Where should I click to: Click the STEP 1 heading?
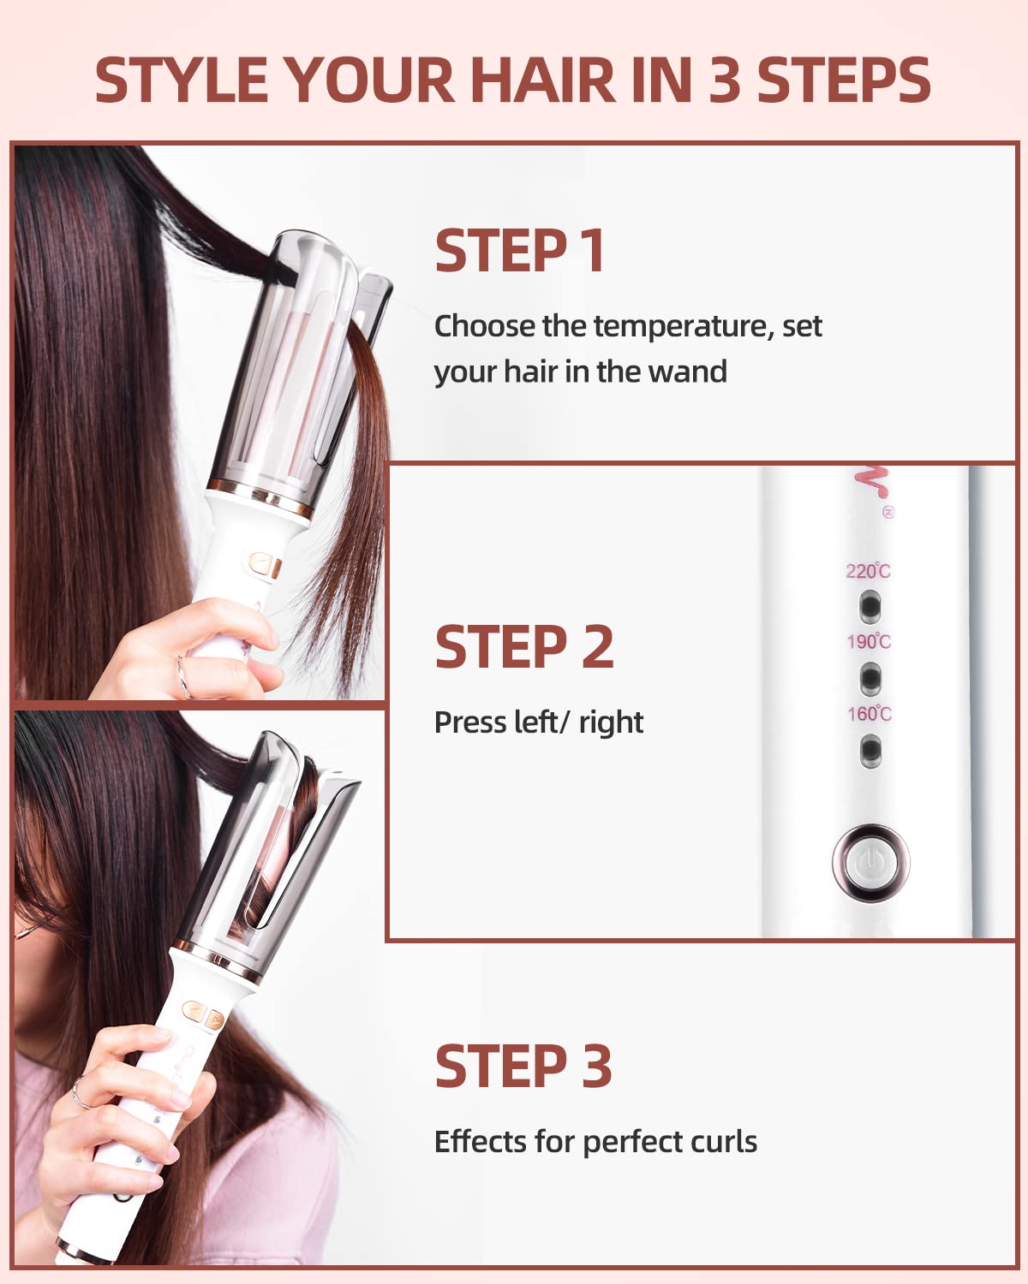(520, 251)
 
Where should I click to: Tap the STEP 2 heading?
(523, 647)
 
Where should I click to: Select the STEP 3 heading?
(523, 1067)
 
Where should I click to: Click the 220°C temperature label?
(868, 571)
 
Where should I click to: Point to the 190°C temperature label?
(869, 641)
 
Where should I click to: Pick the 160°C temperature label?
(870, 713)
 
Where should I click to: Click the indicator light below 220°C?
(870, 606)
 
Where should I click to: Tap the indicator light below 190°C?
(870, 678)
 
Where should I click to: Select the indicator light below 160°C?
(870, 751)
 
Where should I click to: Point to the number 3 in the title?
(725, 81)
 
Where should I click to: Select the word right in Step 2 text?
(611, 722)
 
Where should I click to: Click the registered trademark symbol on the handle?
(888, 512)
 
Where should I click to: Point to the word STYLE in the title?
(182, 81)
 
